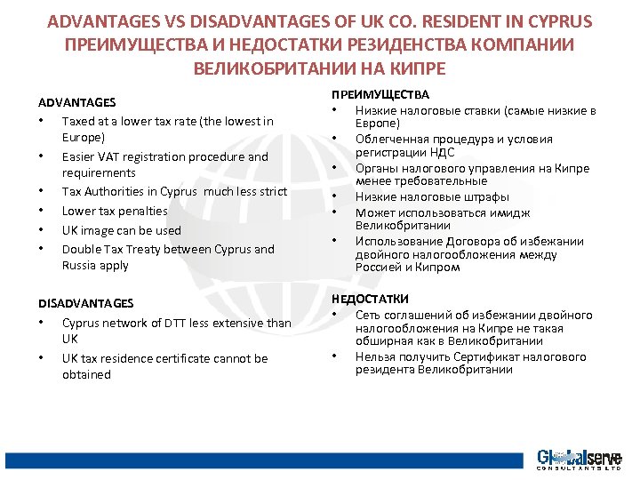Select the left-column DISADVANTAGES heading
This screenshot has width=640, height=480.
pyautogui.click(x=85, y=303)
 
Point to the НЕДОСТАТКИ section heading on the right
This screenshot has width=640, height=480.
pyautogui.click(x=370, y=300)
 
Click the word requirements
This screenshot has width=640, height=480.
pyautogui.click(x=98, y=172)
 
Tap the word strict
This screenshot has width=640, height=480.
pyautogui.click(x=270, y=191)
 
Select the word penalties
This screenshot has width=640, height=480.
pyautogui.click(x=142, y=211)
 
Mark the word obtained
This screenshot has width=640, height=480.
pyautogui.click(x=86, y=374)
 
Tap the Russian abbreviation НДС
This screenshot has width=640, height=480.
pyautogui.click(x=429, y=153)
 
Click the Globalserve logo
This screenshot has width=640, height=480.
pyautogui.click(x=578, y=460)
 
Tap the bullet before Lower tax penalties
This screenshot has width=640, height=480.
pyautogui.click(x=42, y=211)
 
